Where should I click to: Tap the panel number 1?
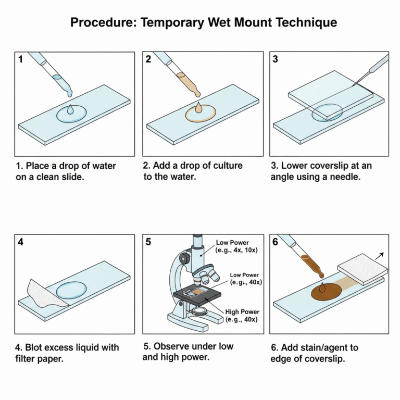pos(21,59)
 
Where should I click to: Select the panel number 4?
pos(21,242)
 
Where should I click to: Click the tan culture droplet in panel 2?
pos(198,108)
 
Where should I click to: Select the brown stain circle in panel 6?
pos(326,292)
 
